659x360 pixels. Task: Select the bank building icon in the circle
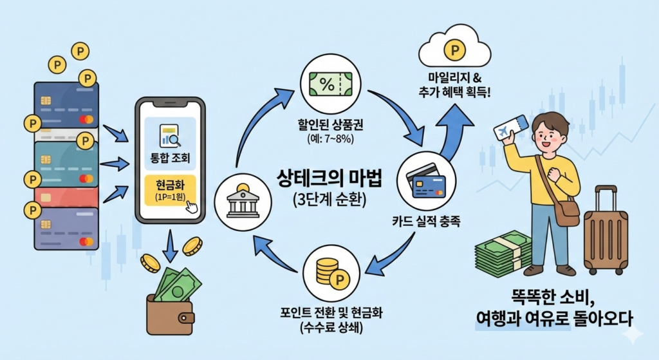click(x=240, y=201)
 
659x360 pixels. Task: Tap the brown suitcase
click(x=605, y=232)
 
